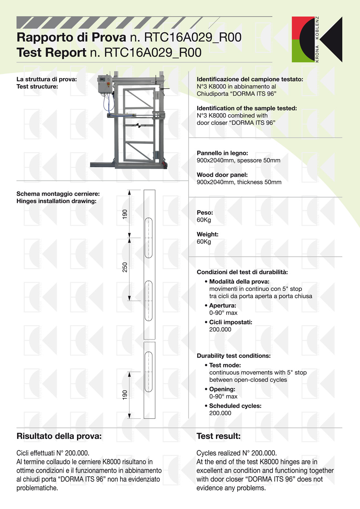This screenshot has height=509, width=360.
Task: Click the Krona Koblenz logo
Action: pyautogui.click(x=317, y=39)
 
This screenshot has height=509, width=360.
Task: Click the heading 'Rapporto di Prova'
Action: pyautogui.click(x=71, y=37)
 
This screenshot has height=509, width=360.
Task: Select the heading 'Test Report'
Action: pyautogui.click(x=52, y=53)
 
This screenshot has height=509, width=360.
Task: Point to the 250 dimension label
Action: pyautogui.click(x=125, y=267)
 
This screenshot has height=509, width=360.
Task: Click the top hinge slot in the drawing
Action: pyautogui.click(x=148, y=238)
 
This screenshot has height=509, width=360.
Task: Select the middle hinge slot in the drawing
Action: pyautogui.click(x=148, y=301)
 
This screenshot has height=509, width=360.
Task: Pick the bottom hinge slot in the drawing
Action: pyautogui.click(x=148, y=372)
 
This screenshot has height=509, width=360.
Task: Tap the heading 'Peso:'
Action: pyautogui.click(x=205, y=213)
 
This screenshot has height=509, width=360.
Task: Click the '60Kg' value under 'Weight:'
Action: pyautogui.click(x=204, y=242)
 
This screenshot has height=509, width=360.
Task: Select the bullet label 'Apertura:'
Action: pyautogui.click(x=222, y=305)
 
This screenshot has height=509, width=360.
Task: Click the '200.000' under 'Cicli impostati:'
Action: pyautogui.click(x=220, y=329)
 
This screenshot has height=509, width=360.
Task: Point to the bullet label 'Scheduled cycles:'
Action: pyautogui.click(x=235, y=406)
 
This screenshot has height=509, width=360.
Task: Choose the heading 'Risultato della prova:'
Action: pyautogui.click(x=59, y=436)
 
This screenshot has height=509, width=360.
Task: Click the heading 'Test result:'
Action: pyautogui.click(x=218, y=436)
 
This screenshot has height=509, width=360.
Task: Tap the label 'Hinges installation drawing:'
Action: pyautogui.click(x=56, y=201)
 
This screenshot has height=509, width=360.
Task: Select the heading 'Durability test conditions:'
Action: pyautogui.click(x=233, y=356)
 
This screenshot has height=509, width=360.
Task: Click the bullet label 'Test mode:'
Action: pyautogui.click(x=225, y=365)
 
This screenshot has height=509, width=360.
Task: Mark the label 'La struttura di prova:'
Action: pyautogui.click(x=46, y=79)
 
